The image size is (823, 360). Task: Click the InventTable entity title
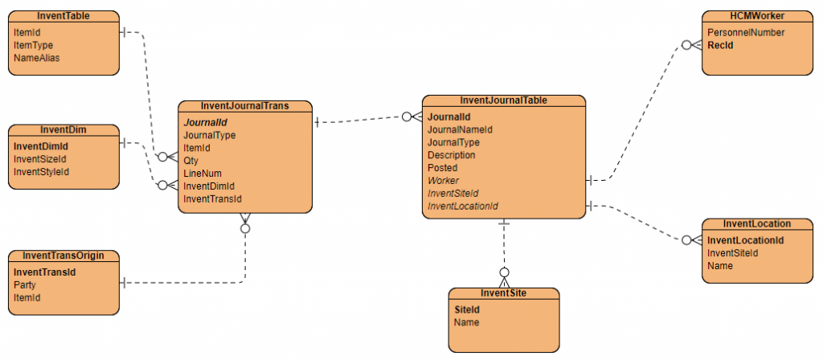click(x=63, y=16)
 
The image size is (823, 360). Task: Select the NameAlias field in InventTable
click(x=36, y=58)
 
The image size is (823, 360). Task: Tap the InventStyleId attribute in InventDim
click(x=41, y=172)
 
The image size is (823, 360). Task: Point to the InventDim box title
click(x=63, y=129)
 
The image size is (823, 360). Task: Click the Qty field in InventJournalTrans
click(x=190, y=161)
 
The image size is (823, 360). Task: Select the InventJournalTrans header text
click(x=244, y=105)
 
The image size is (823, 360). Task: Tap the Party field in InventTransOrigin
click(x=25, y=285)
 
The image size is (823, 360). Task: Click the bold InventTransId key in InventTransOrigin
click(x=44, y=272)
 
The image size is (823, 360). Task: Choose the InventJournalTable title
click(x=504, y=100)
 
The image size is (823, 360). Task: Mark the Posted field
click(x=442, y=168)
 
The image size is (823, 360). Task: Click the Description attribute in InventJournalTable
click(x=451, y=155)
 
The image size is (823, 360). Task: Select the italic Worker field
click(x=443, y=181)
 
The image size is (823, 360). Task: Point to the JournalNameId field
click(x=460, y=129)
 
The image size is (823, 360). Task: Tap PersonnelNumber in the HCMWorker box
click(x=746, y=32)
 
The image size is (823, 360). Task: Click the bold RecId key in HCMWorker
click(x=720, y=45)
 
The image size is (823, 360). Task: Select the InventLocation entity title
click(x=757, y=223)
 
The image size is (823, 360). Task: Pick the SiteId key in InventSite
click(x=467, y=309)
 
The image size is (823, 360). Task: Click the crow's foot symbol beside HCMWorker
click(x=691, y=45)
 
